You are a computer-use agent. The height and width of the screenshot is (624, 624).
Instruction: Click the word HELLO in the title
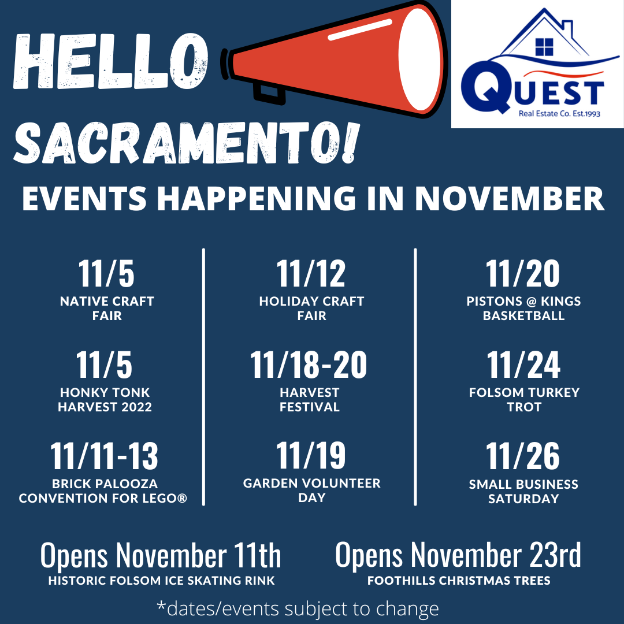(110, 61)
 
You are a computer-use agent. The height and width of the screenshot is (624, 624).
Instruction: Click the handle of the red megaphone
(269, 94)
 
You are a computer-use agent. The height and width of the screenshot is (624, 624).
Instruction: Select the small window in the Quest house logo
(544, 47)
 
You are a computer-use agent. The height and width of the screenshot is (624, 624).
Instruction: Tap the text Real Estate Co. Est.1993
(559, 113)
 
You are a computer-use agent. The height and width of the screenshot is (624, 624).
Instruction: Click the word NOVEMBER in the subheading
(510, 198)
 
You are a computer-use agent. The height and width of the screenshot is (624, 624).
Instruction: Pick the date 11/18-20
(309, 365)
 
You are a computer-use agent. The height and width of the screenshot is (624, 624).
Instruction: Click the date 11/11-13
(104, 456)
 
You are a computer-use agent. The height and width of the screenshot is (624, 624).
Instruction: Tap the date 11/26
(522, 456)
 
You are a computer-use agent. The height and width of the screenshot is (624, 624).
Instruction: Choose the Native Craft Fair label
(107, 309)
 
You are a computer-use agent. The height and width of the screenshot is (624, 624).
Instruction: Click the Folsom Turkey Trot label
(524, 400)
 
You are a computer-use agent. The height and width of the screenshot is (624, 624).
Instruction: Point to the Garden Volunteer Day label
(311, 491)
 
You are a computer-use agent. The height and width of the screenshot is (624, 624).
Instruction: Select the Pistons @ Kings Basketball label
(523, 309)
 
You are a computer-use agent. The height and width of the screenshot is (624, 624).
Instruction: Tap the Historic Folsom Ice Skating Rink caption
(161, 581)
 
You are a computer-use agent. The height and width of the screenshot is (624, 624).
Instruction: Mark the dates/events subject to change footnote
(298, 608)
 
